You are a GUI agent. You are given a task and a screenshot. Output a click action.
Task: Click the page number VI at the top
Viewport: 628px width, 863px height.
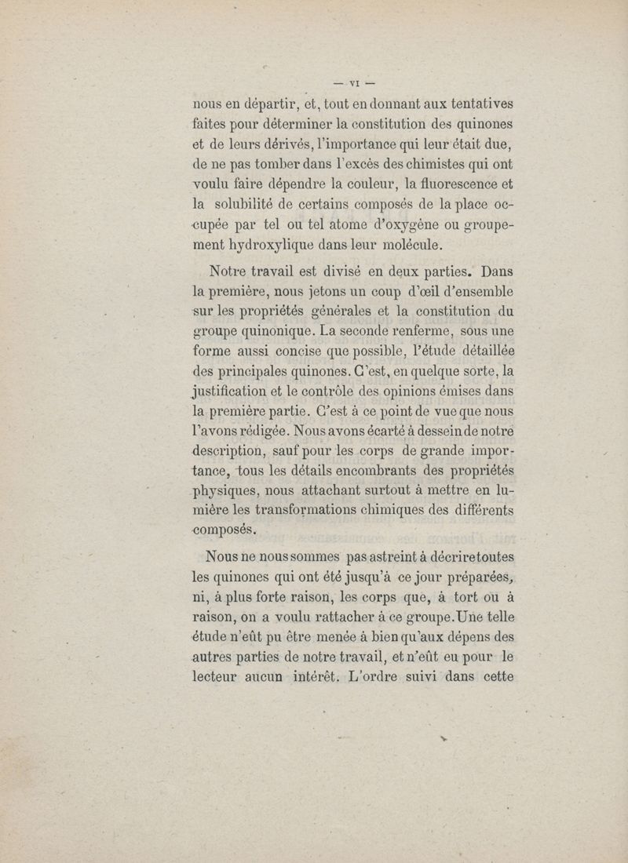point(353,82)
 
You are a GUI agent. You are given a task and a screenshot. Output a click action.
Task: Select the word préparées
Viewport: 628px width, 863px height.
point(470,577)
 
